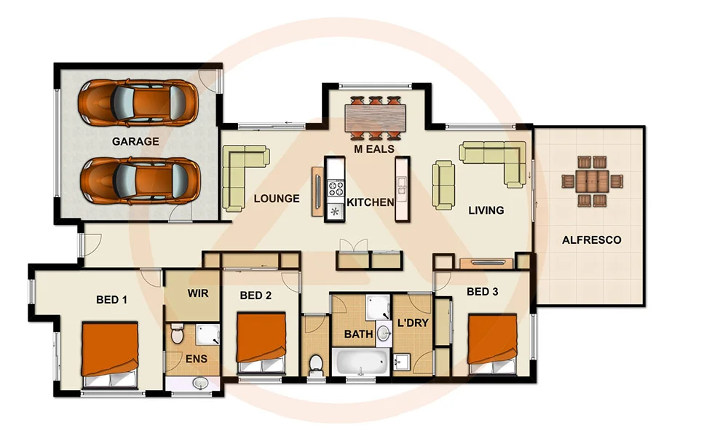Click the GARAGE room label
(135, 141)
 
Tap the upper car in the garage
(138, 102)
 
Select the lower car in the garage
(141, 180)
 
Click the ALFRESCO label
(592, 239)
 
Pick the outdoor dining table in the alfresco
(592, 181)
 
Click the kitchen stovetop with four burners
(336, 188)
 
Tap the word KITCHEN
(371, 202)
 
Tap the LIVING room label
(486, 210)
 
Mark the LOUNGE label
(276, 198)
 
